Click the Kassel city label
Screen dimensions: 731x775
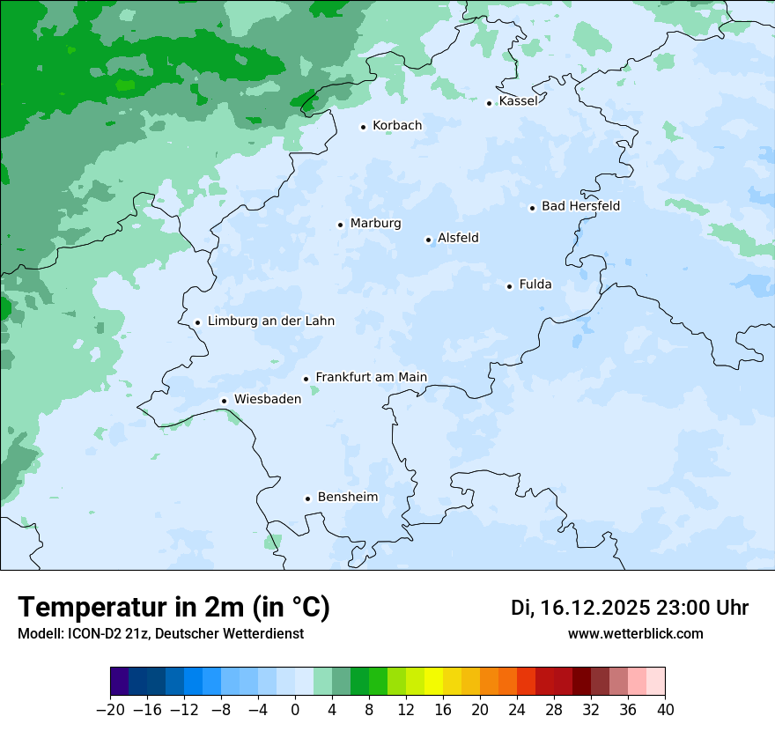[518, 101]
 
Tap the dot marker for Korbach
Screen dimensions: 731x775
[363, 127]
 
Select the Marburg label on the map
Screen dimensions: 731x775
[375, 224]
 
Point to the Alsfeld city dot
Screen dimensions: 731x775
[428, 240]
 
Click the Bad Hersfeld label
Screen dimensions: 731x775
[580, 206]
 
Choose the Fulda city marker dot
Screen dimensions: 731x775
[509, 286]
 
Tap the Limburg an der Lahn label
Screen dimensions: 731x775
[270, 321]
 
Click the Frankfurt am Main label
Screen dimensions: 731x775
[371, 378]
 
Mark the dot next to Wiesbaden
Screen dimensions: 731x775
[225, 401]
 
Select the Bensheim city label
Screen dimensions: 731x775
[347, 498]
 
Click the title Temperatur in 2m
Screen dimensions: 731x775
[173, 608]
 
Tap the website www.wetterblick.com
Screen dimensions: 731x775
[635, 634]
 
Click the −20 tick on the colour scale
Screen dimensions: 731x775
[111, 710]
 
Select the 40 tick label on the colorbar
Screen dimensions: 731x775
[665, 710]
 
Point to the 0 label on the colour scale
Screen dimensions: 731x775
[295, 710]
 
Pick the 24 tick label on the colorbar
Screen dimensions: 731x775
[517, 710]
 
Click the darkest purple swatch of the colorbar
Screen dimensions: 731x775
[120, 682]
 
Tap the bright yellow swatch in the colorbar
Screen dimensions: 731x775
[433, 682]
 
